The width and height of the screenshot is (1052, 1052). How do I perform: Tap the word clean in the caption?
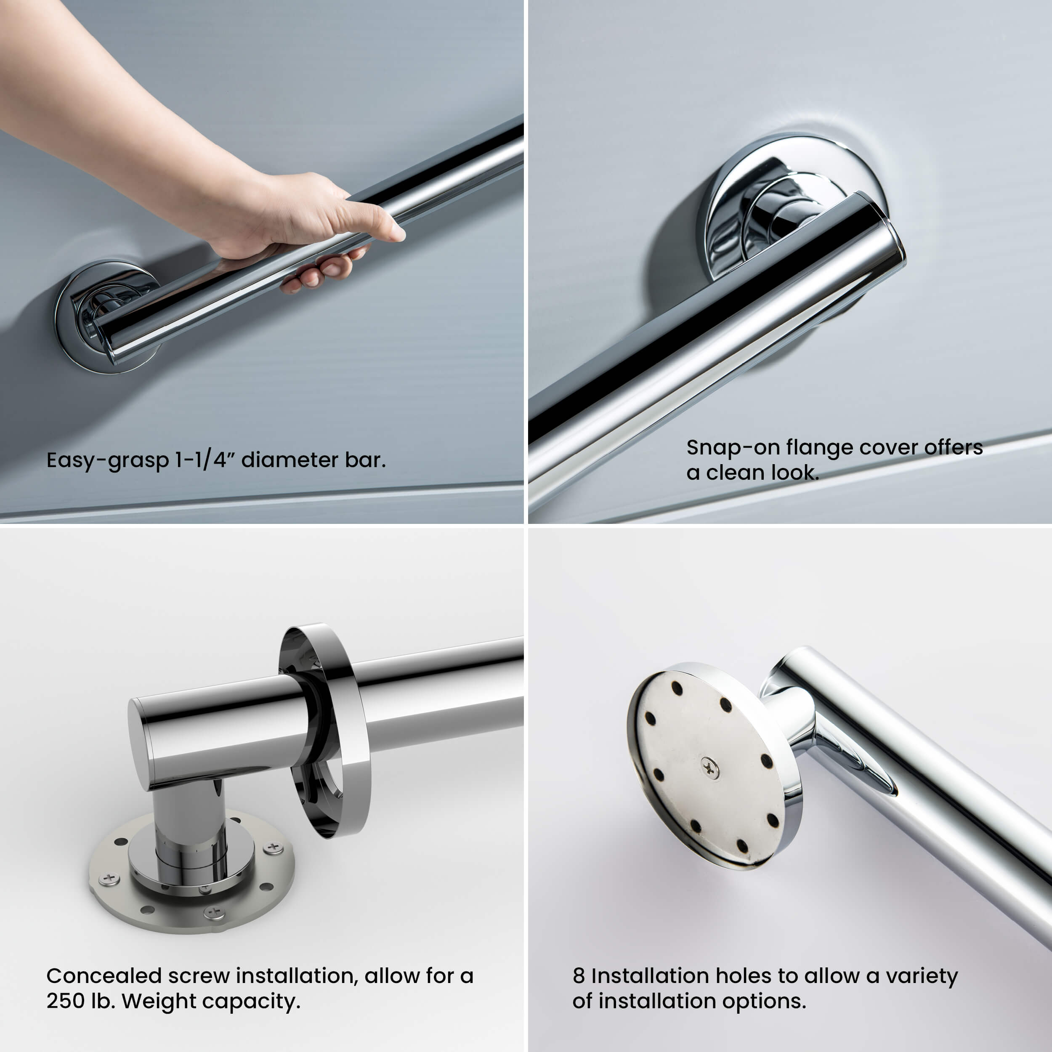coord(735,473)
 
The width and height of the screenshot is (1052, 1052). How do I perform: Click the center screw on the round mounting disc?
coord(709,768)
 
